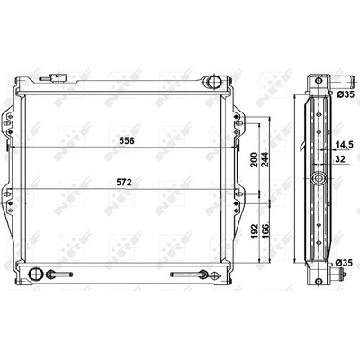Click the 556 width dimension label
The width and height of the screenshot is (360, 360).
click(x=127, y=140)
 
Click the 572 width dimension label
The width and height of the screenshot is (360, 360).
click(x=124, y=183)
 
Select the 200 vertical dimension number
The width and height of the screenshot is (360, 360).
click(x=254, y=160)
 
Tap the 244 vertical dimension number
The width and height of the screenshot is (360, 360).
click(x=265, y=160)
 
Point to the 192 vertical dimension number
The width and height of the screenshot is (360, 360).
click(x=254, y=231)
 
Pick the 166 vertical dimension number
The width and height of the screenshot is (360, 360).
click(x=265, y=229)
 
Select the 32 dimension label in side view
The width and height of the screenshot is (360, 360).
click(x=340, y=159)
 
